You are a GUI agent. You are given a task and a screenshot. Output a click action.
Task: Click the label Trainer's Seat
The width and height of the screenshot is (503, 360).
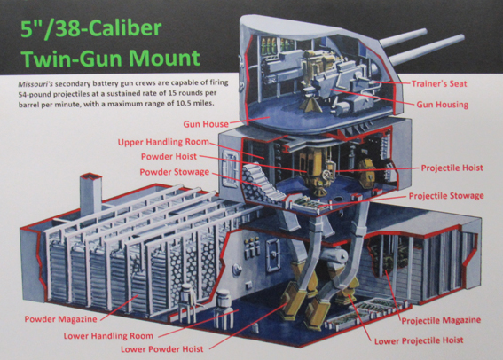(439, 83)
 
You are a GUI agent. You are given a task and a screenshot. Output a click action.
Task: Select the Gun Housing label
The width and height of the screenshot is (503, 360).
(443, 105)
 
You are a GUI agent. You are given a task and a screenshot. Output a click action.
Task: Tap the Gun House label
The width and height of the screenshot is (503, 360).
(206, 124)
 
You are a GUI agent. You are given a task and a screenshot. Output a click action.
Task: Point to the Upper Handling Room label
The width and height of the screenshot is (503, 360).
(163, 142)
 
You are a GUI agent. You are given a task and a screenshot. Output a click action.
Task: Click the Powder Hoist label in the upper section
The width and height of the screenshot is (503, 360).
(169, 156)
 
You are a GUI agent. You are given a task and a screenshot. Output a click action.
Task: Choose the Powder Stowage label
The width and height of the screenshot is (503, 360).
(175, 172)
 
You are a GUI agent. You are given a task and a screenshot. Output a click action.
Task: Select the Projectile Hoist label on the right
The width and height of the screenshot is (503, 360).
(452, 168)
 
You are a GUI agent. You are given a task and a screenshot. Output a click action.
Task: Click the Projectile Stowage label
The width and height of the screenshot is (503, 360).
(446, 196)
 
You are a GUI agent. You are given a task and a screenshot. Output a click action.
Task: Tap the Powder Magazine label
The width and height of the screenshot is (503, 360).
(60, 319)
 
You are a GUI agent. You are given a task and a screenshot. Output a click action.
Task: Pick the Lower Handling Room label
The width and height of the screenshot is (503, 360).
(108, 336)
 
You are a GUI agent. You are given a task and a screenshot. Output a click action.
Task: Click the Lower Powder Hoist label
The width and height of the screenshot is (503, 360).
(162, 349)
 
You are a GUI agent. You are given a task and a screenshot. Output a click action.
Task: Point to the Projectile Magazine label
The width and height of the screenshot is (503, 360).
(441, 320)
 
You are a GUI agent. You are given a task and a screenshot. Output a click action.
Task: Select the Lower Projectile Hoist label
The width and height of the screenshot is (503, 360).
(419, 340)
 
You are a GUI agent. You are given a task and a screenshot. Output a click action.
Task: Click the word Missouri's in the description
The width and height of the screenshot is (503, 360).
(35, 84)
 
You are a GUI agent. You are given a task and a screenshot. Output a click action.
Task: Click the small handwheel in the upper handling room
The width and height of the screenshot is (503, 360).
(326, 175)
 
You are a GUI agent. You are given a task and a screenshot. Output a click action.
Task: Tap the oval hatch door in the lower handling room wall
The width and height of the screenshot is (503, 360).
(273, 255)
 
